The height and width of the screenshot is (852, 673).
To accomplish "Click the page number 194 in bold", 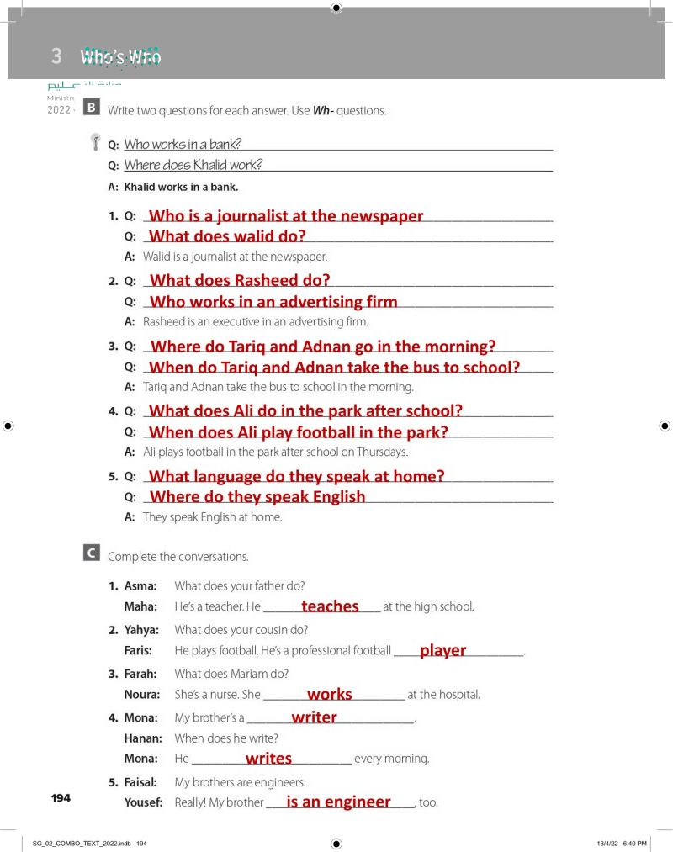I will [61, 797].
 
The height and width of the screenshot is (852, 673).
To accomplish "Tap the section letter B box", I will [92, 108].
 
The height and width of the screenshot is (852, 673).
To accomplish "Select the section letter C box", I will [92, 553].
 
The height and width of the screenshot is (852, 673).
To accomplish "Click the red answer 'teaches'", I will [330, 606].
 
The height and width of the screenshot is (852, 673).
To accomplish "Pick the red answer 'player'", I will [442, 650].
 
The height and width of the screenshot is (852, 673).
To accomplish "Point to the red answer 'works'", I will [330, 695].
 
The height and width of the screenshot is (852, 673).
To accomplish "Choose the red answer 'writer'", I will [314, 717].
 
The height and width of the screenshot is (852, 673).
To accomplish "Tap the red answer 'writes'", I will [268, 759].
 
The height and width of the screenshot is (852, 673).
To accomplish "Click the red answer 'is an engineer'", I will [338, 802].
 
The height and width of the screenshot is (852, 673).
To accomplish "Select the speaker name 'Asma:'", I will [140, 585].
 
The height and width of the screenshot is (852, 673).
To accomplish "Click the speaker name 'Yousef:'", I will [143, 802].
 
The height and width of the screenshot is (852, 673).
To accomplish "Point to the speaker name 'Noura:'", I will [141, 695].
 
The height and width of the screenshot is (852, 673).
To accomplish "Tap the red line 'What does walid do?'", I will [227, 236].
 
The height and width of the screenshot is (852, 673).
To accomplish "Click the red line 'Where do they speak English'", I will [257, 497].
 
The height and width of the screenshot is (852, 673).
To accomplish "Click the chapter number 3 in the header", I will [56, 56].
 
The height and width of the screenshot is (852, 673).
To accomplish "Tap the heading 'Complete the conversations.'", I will [178, 557].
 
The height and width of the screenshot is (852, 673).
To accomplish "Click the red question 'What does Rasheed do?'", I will [240, 281].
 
